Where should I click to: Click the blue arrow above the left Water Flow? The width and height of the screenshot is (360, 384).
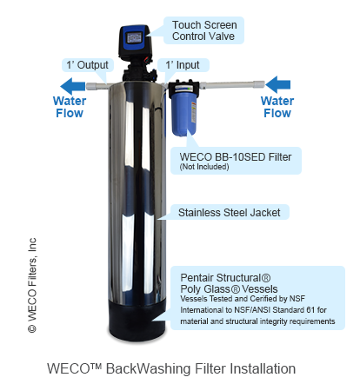[x=72, y=86]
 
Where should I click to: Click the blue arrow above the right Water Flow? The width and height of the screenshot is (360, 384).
[x=277, y=84]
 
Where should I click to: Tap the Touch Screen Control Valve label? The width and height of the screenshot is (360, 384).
[x=204, y=30]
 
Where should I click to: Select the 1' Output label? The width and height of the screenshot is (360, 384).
[x=87, y=65]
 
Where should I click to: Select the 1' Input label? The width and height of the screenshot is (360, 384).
[x=183, y=65]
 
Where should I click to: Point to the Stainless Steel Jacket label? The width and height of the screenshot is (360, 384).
[x=229, y=212]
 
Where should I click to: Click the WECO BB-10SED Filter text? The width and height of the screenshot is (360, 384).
[x=236, y=156]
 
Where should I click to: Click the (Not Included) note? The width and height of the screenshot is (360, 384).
[x=204, y=167]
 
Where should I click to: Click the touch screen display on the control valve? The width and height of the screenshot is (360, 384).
[x=134, y=37]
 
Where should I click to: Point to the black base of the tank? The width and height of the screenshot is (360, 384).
[x=137, y=320]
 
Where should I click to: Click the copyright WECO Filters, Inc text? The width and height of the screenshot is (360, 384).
[x=32, y=285]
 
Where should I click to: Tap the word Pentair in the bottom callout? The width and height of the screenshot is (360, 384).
[x=197, y=277]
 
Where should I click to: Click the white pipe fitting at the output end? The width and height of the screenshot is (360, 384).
[x=91, y=86]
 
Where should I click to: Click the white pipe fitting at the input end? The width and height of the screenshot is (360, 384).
[x=259, y=84]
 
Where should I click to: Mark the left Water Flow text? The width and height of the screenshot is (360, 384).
[x=70, y=107]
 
